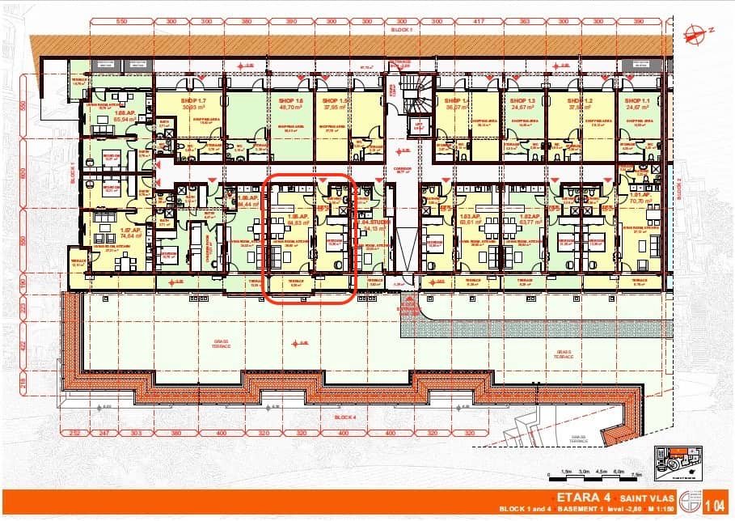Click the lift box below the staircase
click(419, 125)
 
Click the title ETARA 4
click(579, 495)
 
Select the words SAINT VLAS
click(638, 495)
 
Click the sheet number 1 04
click(715, 506)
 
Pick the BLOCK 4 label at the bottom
click(344, 417)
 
